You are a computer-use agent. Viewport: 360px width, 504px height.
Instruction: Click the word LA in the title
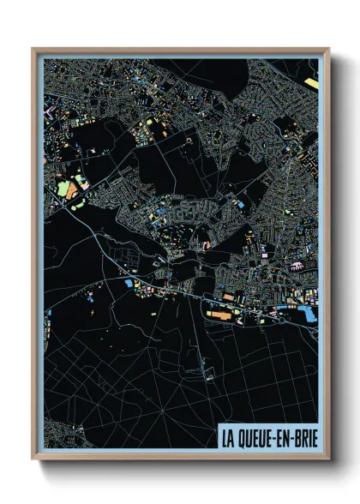point(229,438)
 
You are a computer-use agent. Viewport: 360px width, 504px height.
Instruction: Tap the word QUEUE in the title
point(256,438)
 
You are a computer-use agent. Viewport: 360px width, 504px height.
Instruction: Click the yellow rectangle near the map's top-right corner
point(311,83)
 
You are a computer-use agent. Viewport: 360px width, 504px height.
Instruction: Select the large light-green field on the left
point(63,188)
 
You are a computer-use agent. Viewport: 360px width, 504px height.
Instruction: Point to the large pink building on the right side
point(300,264)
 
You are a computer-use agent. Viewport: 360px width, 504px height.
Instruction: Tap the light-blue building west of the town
point(129,283)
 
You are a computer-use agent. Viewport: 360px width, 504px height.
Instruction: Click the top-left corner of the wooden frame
point(33,50)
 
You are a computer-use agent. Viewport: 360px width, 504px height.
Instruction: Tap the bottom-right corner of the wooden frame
point(328,458)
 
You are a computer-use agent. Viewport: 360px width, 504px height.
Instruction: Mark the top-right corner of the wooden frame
point(328,50)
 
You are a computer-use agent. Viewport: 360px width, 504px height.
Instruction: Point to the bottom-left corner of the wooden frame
point(33,458)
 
